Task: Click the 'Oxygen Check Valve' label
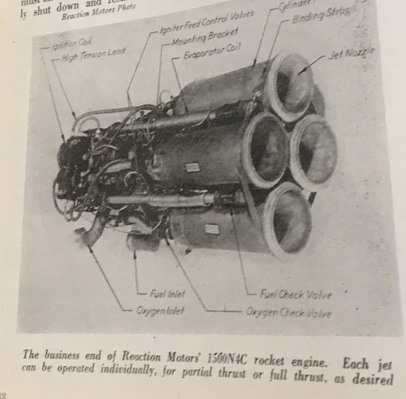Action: [289, 313]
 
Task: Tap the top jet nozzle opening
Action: [292, 83]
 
